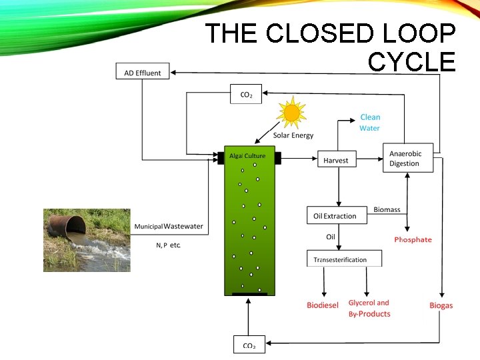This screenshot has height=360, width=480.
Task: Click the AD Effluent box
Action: [x=143, y=73]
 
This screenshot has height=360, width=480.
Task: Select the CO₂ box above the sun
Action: [x=246, y=94]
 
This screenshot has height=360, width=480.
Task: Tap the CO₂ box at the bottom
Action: [x=249, y=345]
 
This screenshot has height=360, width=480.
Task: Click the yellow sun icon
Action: [x=291, y=113]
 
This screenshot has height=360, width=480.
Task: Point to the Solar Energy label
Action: [x=293, y=136]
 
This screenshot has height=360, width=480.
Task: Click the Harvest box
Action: [x=336, y=160]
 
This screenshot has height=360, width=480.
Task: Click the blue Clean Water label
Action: [x=370, y=123]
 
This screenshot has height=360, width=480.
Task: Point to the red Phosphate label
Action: [x=413, y=239]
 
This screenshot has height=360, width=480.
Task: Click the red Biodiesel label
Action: [x=323, y=305]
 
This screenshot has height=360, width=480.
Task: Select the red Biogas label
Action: [x=441, y=305]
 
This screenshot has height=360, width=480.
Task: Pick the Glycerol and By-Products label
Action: [x=369, y=308]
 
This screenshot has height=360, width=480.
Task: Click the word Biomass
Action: [x=387, y=209]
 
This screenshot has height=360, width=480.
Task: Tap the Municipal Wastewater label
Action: [x=169, y=227]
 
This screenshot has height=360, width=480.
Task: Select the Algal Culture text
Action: [x=247, y=156]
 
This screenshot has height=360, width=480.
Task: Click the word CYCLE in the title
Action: [x=411, y=62]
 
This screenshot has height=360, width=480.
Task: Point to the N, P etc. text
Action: [x=168, y=245]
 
